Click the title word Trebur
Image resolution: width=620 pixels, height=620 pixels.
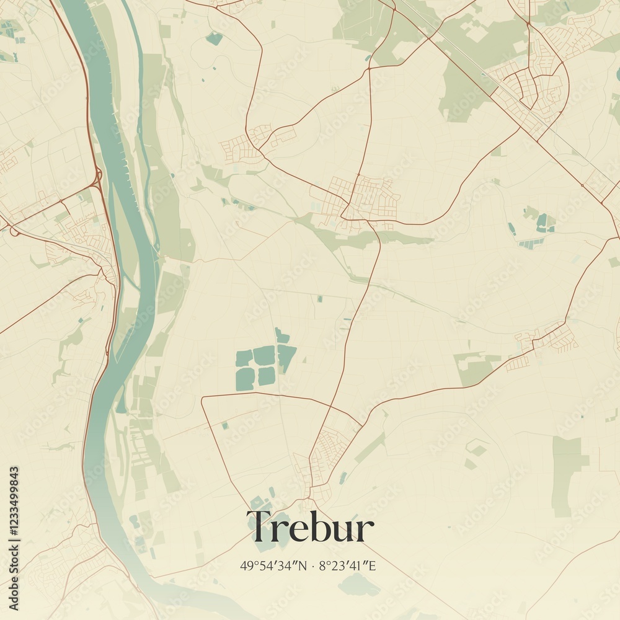310,528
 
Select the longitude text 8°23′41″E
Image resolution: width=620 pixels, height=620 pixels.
348,565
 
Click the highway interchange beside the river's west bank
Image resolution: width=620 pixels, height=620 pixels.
96,180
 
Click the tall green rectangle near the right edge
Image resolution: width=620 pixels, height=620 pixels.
564,474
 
